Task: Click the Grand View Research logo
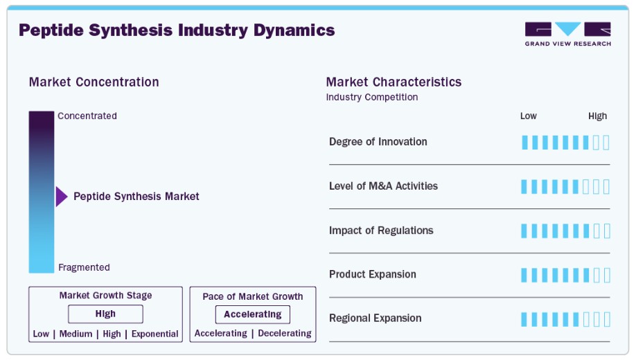[x=568, y=34]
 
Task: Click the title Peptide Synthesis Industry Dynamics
[x=177, y=30]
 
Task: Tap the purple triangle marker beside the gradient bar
[x=62, y=197]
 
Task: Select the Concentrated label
[x=87, y=116]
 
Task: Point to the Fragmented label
[x=84, y=267]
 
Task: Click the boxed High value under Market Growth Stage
[x=105, y=314]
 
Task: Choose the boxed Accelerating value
[x=253, y=314]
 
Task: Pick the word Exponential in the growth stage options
[x=155, y=334]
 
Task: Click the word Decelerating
[x=285, y=333]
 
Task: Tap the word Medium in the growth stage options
[x=76, y=334]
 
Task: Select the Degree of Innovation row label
[x=378, y=142]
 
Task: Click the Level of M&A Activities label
[x=383, y=186]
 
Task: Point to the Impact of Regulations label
[x=381, y=231]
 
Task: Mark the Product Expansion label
[x=373, y=274]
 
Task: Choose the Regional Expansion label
[x=376, y=318]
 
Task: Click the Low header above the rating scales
[x=529, y=116]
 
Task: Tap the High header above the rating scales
[x=597, y=116]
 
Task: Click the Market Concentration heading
[x=94, y=82]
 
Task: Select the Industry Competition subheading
[x=372, y=98]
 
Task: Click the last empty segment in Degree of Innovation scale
[x=606, y=143]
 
